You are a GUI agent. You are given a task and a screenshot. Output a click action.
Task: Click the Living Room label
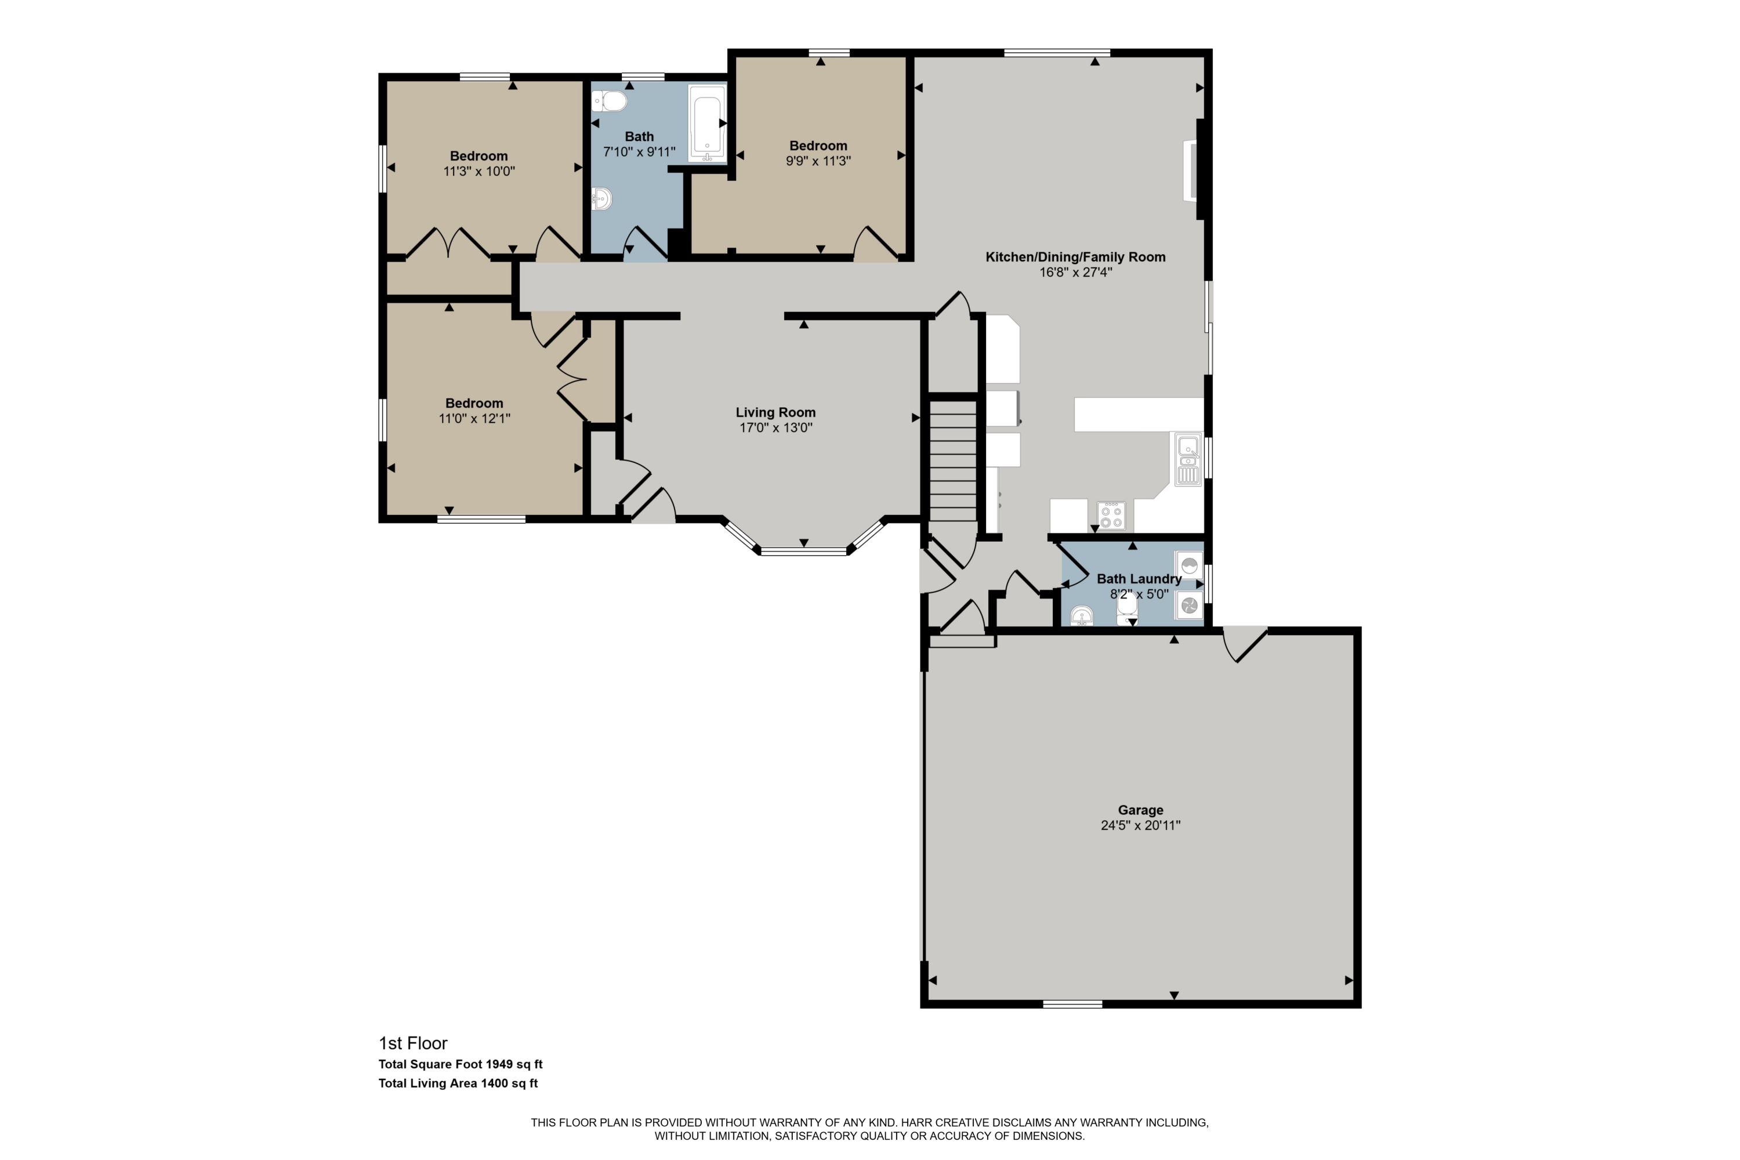click(x=775, y=412)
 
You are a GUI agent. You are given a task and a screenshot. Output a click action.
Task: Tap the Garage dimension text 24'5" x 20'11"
click(x=1140, y=825)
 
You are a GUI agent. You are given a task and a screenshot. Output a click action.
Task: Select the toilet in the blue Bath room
click(x=610, y=100)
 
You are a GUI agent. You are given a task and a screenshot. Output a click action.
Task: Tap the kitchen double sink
click(x=1188, y=459)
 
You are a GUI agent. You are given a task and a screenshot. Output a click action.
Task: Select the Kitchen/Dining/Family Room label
click(x=1075, y=257)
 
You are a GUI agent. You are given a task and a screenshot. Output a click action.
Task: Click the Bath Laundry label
click(x=1139, y=578)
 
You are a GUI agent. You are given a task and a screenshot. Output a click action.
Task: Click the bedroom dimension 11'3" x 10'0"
click(x=478, y=171)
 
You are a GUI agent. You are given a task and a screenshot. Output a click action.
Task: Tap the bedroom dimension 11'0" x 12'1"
click(x=474, y=418)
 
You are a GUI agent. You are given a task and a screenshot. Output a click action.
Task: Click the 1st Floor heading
click(x=413, y=1043)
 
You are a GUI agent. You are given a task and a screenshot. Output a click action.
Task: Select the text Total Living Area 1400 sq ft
click(x=458, y=1083)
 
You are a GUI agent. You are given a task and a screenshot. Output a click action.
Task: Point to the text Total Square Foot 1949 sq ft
click(x=460, y=1064)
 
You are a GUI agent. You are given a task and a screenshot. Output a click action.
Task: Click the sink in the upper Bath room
click(x=601, y=198)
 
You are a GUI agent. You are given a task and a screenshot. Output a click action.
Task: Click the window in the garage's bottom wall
click(x=1072, y=1004)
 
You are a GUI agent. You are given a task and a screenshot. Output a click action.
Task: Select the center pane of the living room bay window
click(x=803, y=550)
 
